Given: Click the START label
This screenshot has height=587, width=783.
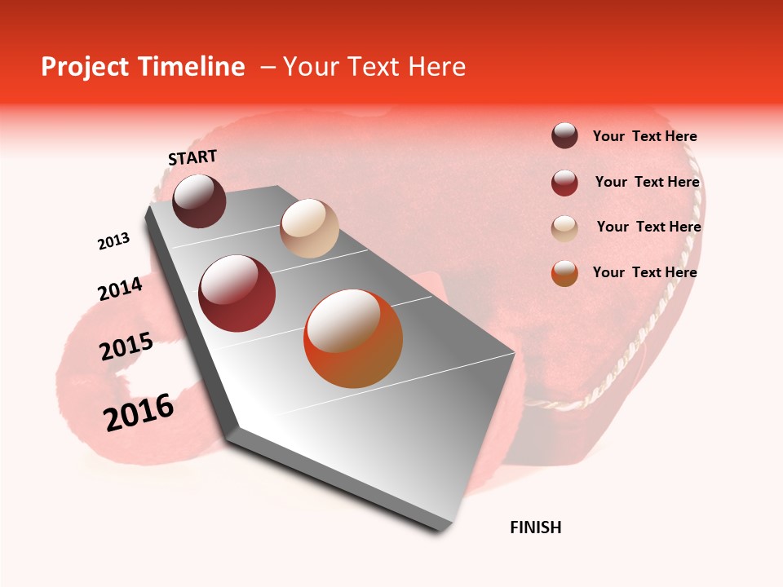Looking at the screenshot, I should (x=192, y=157).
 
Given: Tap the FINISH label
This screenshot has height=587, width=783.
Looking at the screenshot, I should (x=536, y=527).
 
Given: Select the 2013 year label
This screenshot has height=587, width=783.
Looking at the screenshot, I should (x=113, y=241).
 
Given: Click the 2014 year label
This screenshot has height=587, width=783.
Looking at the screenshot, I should (x=120, y=289).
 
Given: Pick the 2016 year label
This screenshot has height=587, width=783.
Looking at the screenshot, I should (x=139, y=412).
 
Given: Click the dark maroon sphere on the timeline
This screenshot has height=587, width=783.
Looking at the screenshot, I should (x=199, y=201).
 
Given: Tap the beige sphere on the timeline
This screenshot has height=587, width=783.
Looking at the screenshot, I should (x=309, y=228).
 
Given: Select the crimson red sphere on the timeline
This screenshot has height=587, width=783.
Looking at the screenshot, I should (x=237, y=293).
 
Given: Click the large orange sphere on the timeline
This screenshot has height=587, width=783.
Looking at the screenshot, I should (x=353, y=338).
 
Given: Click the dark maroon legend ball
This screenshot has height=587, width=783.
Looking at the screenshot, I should (x=564, y=135).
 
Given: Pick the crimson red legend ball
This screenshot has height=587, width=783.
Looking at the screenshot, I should (x=564, y=183).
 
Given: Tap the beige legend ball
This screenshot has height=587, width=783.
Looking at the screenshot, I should (x=564, y=228).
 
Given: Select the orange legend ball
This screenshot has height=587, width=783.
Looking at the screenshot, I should (x=564, y=273).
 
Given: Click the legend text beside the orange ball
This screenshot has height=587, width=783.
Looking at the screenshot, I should (x=644, y=272).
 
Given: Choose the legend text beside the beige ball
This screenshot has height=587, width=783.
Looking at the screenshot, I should (x=648, y=227).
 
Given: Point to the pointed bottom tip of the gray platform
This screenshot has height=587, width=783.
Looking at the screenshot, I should (x=441, y=530).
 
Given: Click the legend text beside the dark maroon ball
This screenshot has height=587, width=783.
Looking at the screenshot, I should (x=644, y=136).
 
